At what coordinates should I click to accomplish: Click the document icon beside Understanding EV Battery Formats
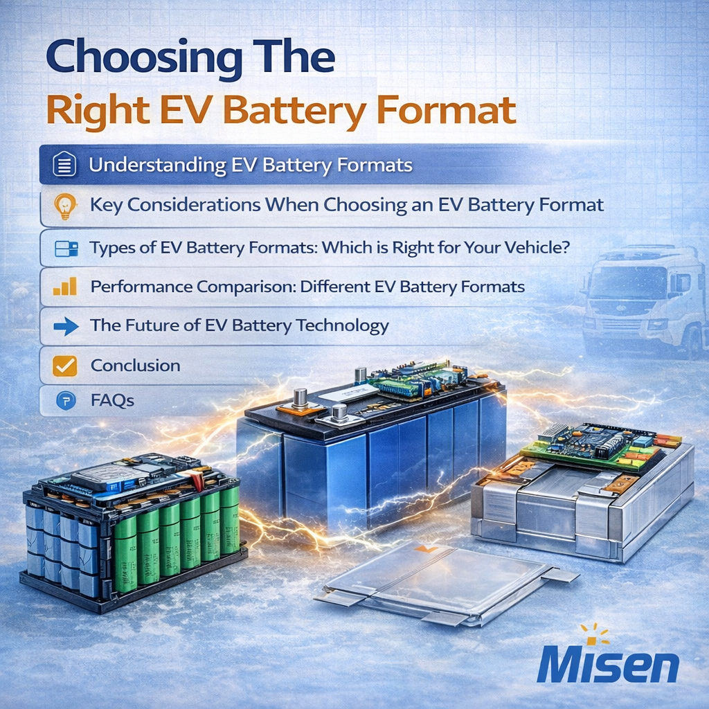click(x=64, y=164)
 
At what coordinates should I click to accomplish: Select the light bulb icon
click(x=65, y=206)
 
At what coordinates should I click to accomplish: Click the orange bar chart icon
click(x=65, y=287)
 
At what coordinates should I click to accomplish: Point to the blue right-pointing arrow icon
click(x=66, y=326)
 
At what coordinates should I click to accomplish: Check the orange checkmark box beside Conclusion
click(x=64, y=366)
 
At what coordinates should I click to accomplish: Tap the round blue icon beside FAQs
click(x=66, y=401)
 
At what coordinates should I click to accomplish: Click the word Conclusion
click(x=135, y=366)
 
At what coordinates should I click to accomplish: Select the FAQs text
click(x=112, y=400)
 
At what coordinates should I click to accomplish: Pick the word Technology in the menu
click(x=343, y=326)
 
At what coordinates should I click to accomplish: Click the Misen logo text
click(x=608, y=665)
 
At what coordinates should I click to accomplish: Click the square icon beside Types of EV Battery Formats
click(x=66, y=249)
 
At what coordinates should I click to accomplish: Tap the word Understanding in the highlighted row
click(x=157, y=165)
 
